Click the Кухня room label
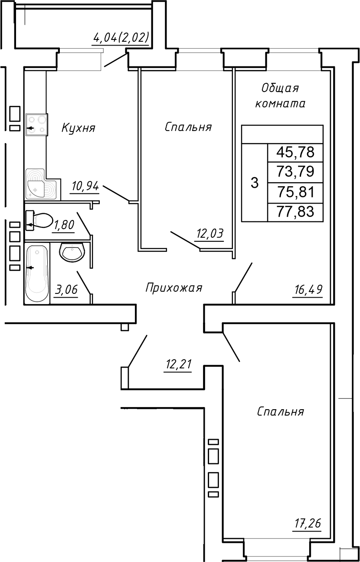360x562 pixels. click(x=79, y=128)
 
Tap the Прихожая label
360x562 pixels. click(x=173, y=288)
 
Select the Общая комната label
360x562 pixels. click(x=280, y=96)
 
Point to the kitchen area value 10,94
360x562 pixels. click(x=85, y=187)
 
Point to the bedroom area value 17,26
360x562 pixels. click(x=306, y=524)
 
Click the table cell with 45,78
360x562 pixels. click(x=295, y=152)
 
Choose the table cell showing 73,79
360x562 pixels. click(x=295, y=172)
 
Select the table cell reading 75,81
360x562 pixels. click(x=295, y=192)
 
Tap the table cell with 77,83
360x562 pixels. click(x=295, y=212)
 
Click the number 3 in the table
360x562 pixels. click(x=255, y=183)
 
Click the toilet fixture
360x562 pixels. click(x=39, y=220)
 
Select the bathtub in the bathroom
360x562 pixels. click(x=37, y=273)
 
